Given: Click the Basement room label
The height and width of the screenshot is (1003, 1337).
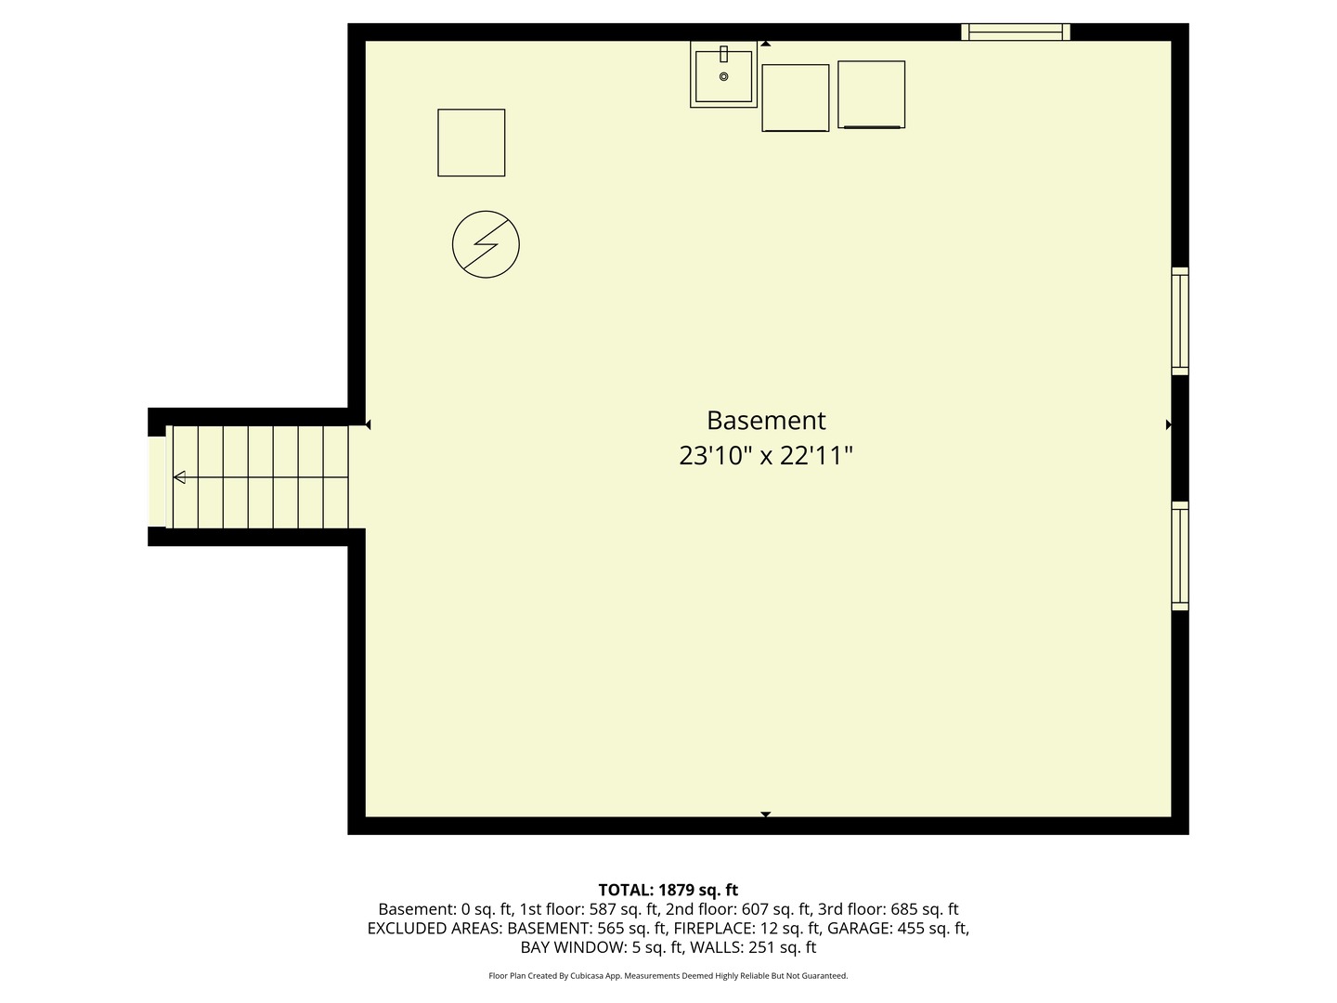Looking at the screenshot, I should click(x=766, y=421).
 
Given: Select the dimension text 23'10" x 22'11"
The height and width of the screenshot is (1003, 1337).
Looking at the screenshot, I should click(x=766, y=456).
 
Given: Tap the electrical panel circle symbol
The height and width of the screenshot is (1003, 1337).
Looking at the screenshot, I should click(x=486, y=245).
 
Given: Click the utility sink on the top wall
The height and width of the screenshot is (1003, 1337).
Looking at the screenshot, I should click(x=723, y=74).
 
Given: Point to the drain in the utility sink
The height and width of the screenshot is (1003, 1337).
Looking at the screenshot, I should click(x=723, y=77).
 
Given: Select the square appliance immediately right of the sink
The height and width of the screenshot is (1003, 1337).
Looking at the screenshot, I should click(x=796, y=98).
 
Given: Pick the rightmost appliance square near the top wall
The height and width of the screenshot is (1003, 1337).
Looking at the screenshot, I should click(x=871, y=95).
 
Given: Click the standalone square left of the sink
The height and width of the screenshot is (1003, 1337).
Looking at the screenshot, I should click(x=472, y=143).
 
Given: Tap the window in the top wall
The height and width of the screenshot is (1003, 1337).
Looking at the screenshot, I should click(x=1015, y=33).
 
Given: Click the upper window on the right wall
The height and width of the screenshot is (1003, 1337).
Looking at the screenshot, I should click(x=1180, y=321).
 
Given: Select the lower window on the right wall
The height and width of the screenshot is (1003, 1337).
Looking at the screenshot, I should click(x=1180, y=555).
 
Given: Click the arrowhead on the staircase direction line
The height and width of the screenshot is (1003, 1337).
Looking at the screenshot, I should click(x=179, y=477).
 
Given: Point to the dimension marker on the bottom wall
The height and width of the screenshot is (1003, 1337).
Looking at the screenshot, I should click(x=766, y=814).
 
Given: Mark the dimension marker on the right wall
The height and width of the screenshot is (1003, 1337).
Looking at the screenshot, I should click(x=1168, y=424).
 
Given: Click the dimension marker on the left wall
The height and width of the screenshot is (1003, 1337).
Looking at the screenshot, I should click(x=368, y=424).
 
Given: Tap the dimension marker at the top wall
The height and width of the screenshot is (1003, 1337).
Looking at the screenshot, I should click(x=766, y=44).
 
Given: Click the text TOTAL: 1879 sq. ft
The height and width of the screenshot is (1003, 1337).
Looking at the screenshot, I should click(x=668, y=890).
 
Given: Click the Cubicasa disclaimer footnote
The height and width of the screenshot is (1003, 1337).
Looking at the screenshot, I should click(x=668, y=976).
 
